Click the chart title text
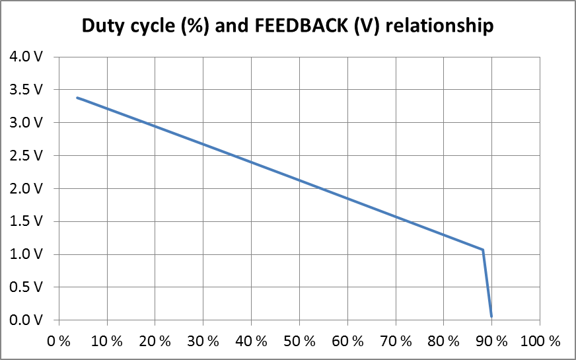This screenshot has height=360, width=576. pyautogui.click(x=287, y=26)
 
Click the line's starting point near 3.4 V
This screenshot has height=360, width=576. pyautogui.click(x=78, y=98)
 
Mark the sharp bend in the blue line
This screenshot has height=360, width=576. pyautogui.click(x=483, y=250)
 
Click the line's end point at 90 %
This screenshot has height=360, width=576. pyautogui.click(x=491, y=316)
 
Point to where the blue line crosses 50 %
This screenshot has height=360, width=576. pyautogui.click(x=299, y=180)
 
